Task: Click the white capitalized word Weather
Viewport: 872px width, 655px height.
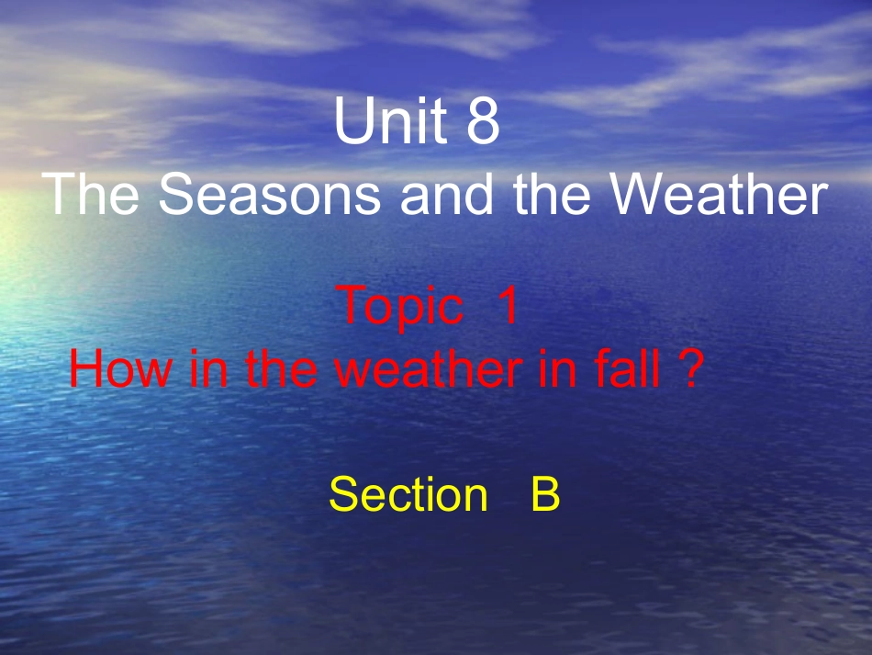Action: tap(718, 195)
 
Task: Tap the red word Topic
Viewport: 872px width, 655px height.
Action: tap(400, 307)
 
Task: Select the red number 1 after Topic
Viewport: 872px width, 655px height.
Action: tap(508, 307)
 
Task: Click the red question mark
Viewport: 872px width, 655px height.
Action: tap(693, 370)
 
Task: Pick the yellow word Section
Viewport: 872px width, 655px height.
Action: tap(408, 495)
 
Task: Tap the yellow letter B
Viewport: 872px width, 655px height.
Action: tap(544, 495)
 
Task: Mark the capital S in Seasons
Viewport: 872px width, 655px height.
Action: tap(178, 195)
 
